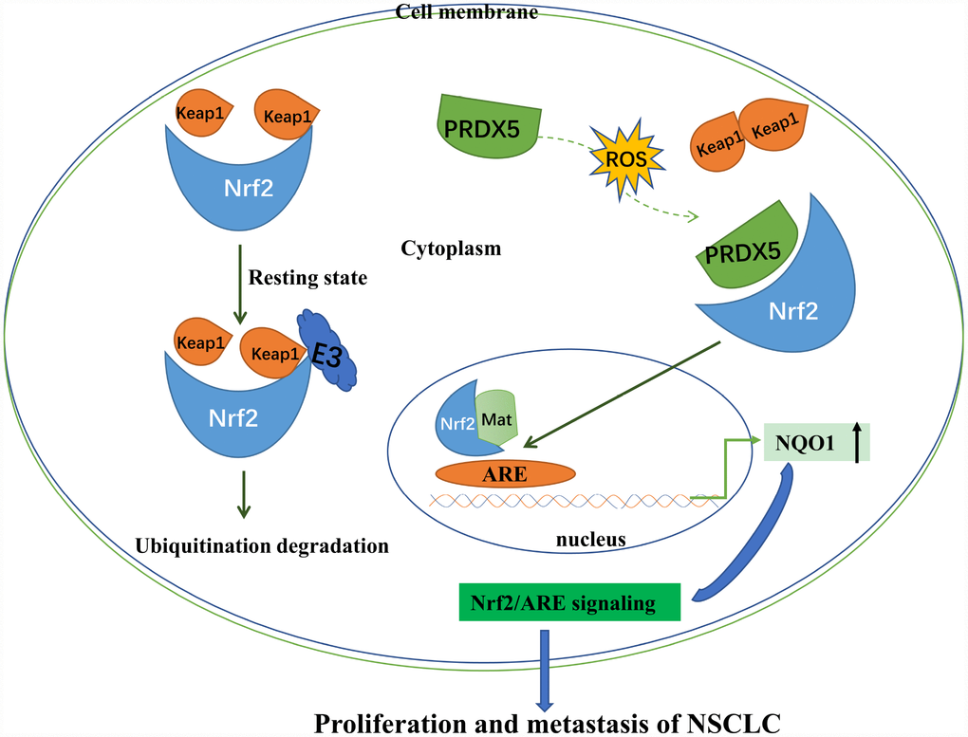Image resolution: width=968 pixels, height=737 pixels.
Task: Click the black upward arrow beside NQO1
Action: point(857,442)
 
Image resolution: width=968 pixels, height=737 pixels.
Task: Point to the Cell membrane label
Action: point(481,11)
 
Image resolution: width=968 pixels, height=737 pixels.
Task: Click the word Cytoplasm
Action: point(451,249)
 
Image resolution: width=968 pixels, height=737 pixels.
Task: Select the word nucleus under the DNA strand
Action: point(589,540)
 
